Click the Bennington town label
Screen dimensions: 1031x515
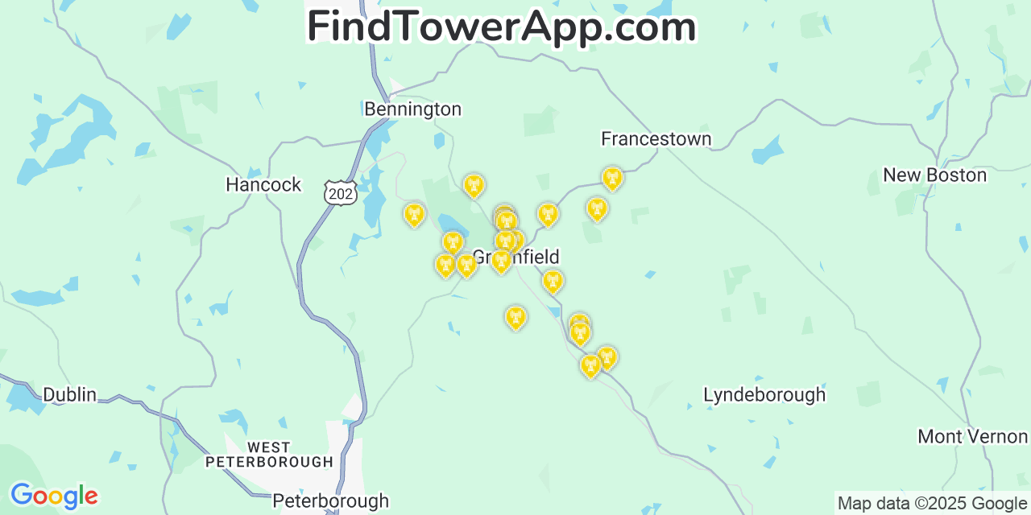click(412, 109)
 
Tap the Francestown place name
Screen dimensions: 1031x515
click(656, 139)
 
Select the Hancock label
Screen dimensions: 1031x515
click(263, 184)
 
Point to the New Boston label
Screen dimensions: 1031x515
click(934, 175)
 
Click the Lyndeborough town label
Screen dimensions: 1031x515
click(764, 395)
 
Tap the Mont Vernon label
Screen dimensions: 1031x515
click(972, 436)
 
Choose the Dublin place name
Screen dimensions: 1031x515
click(69, 394)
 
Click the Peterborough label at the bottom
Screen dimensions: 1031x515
click(330, 501)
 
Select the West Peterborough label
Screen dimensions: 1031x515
click(269, 455)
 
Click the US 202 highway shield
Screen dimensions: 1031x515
click(340, 192)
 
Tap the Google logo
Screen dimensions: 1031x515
click(53, 496)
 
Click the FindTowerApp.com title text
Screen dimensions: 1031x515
click(501, 27)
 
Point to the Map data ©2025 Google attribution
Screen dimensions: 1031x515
click(933, 504)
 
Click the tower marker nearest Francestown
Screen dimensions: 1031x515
click(612, 178)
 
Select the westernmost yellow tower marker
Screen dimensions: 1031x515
click(414, 214)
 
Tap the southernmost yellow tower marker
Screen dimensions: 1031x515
click(590, 366)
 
